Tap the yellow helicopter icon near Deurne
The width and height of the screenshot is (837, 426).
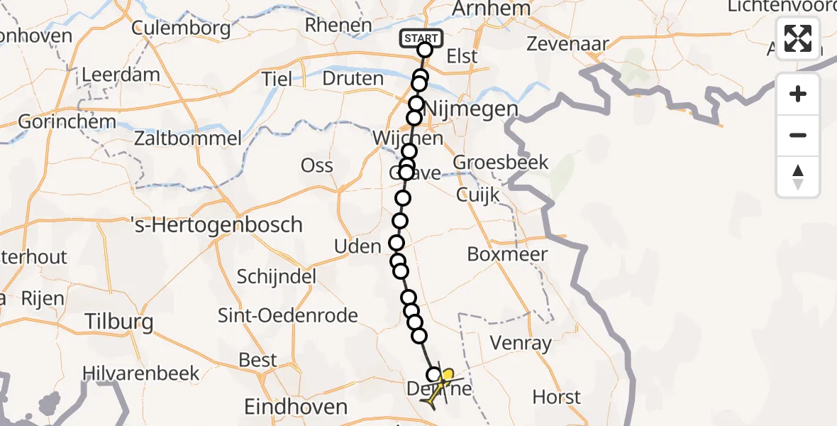pos(440,387)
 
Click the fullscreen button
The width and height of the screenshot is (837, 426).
pos(798,38)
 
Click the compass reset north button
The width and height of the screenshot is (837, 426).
pos(798,177)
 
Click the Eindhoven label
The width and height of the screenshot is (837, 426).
pos(296,407)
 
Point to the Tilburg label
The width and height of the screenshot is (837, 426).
pos(118,322)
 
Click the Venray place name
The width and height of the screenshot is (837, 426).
pos(521,344)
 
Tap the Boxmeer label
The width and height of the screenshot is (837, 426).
pos(508,254)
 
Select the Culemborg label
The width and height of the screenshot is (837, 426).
pos(182,28)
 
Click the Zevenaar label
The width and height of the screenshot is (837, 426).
pos(567,44)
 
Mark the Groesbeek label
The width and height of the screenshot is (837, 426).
pos(501,163)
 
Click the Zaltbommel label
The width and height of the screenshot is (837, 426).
pos(191,138)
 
